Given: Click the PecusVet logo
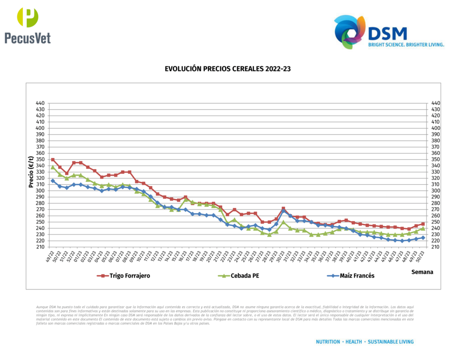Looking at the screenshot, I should point(27,26).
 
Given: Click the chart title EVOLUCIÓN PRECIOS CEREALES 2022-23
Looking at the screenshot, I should point(228,69).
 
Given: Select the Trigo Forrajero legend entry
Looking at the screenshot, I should point(124,275).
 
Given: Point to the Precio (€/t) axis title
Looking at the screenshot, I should point(31,172).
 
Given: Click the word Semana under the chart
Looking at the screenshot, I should point(422,272).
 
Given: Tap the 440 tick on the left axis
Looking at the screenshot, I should point(40,103).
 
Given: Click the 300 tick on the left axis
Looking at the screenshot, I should point(40,191).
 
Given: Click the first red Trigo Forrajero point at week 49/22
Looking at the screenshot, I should point(53,160).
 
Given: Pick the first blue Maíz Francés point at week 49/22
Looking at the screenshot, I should point(53,181).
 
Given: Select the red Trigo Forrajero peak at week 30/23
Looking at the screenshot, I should point(283,208).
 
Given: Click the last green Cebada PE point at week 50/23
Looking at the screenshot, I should point(423,228).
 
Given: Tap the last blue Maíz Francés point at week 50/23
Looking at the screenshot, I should point(423,238).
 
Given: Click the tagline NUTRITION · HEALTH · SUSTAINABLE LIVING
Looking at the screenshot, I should point(365,341).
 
